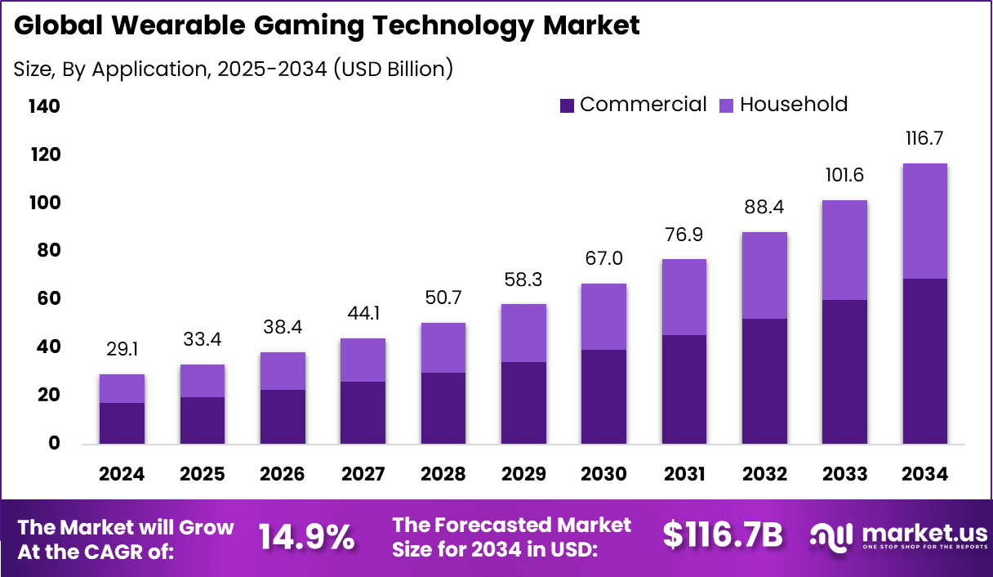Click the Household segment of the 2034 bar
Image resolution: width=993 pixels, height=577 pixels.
(x=924, y=221)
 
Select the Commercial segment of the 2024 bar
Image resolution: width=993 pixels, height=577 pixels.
(x=122, y=423)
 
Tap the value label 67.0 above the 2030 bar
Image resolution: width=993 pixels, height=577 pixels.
(x=603, y=259)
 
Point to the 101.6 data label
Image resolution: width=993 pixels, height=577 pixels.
(x=844, y=176)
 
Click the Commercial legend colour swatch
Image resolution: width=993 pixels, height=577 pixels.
(x=568, y=105)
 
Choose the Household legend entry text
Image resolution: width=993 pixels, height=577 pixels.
(x=794, y=105)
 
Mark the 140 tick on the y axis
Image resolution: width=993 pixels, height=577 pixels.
(x=44, y=106)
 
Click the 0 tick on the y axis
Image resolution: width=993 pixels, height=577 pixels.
(x=55, y=443)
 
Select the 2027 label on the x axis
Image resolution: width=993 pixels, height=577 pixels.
(x=363, y=475)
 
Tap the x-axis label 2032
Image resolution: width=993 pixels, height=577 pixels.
(x=764, y=475)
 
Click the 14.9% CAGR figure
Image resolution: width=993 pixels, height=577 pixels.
(x=307, y=537)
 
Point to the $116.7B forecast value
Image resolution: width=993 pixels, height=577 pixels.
(x=723, y=535)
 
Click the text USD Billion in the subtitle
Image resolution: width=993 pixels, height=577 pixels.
(x=391, y=69)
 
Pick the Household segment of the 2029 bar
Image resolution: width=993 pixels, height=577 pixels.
(x=523, y=333)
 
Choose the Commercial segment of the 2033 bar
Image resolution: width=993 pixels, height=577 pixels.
(x=844, y=372)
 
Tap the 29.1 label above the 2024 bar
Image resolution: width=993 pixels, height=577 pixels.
(x=122, y=350)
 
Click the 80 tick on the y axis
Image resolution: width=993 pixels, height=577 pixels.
(x=48, y=250)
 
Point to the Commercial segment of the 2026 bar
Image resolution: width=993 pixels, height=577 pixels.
(x=283, y=417)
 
